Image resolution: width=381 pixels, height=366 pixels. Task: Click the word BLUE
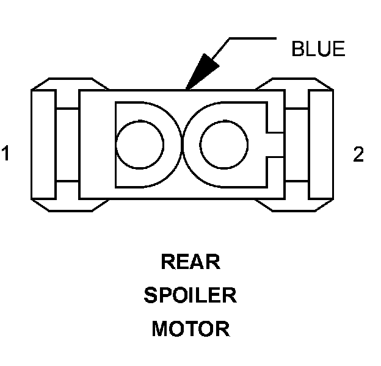coord(318,49)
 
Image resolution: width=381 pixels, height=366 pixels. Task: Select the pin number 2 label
coord(358,154)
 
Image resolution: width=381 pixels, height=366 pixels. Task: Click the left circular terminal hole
coord(139,145)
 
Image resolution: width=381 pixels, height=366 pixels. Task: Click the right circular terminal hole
coord(223,145)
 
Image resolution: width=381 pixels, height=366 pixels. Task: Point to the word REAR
coord(190,262)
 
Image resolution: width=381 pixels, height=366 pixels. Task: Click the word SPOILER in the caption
coord(190,296)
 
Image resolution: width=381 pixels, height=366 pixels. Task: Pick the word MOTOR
coord(190,329)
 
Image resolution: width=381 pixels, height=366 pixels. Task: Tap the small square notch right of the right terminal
coord(275,145)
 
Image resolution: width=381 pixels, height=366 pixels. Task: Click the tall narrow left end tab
coord(43,144)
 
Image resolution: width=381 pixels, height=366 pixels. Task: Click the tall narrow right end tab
coord(321,144)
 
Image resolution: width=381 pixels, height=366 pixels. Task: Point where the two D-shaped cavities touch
coord(182,145)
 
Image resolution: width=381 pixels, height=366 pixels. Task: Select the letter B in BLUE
coord(297,49)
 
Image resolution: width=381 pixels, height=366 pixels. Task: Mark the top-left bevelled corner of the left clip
coord(39,84)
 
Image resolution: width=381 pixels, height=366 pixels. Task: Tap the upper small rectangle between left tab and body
coord(67,99)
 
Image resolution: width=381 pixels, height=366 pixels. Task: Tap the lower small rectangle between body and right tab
coord(296,189)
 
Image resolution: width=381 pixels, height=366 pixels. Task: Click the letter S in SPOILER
coord(150,296)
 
